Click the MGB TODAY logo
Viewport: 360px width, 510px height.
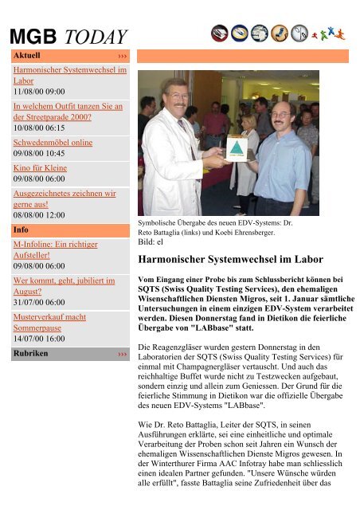tap(68, 37)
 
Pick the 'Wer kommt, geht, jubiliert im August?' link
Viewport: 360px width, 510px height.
tap(65, 286)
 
